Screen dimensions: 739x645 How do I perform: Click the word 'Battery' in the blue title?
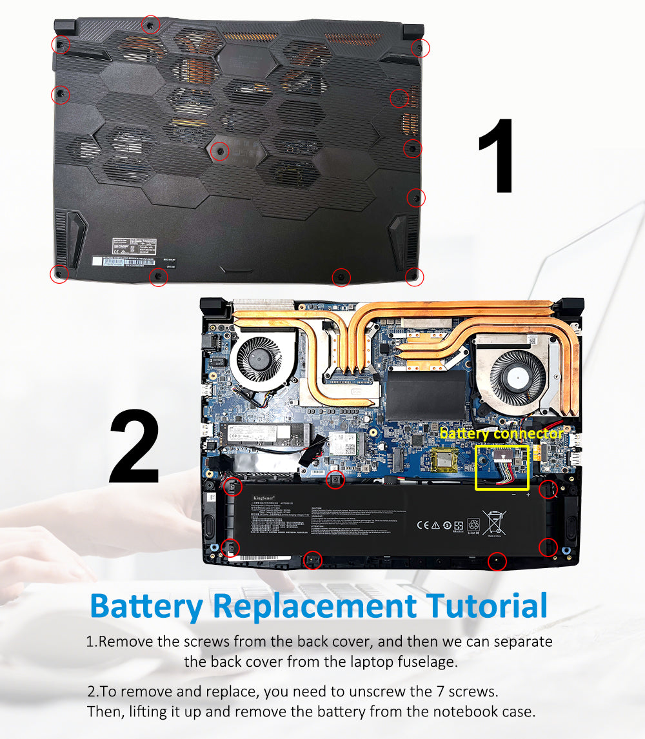(x=146, y=606)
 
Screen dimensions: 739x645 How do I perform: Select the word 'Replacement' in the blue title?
(x=315, y=606)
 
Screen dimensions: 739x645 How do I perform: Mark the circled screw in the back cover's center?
(x=220, y=151)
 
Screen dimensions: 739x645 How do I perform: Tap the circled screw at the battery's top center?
(x=335, y=479)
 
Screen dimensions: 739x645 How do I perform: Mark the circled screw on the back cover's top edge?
(x=150, y=25)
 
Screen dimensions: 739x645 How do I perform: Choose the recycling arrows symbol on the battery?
(x=473, y=525)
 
